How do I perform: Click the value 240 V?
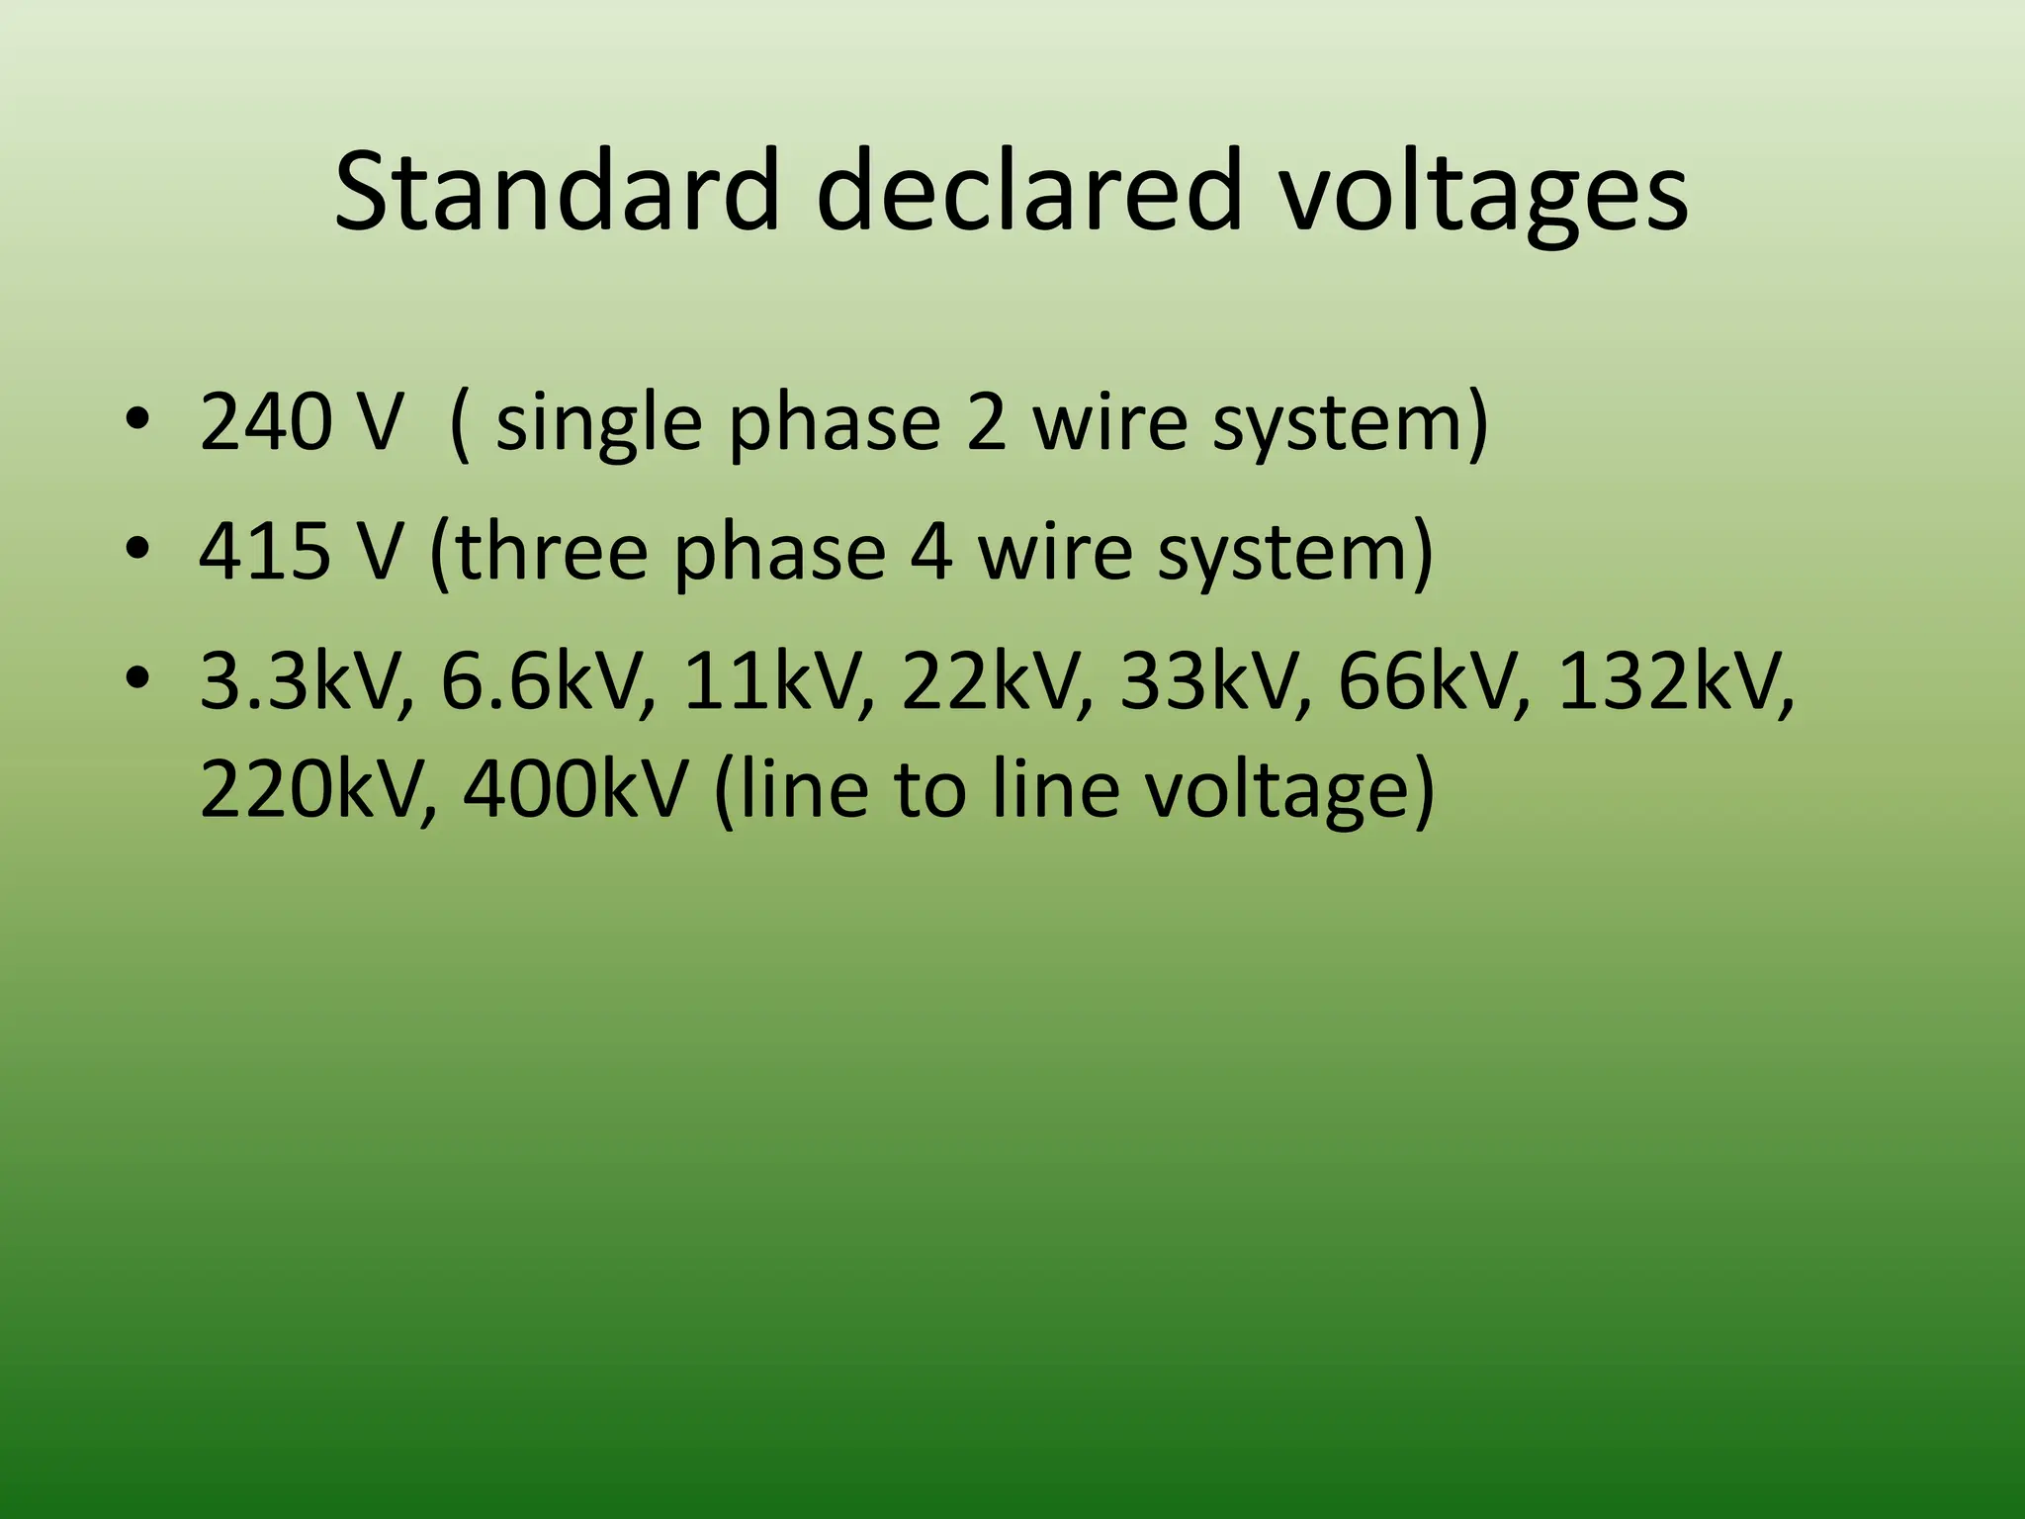point(302,423)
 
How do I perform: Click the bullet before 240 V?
point(137,420)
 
